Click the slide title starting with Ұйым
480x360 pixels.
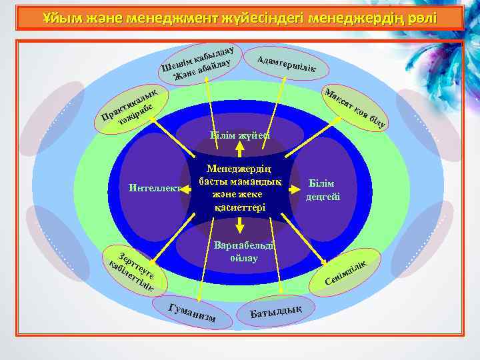[239, 16]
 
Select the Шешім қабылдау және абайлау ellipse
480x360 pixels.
[199, 64]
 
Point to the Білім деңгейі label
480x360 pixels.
[323, 189]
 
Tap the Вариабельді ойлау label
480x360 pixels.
[240, 251]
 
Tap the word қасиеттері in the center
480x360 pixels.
[240, 207]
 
